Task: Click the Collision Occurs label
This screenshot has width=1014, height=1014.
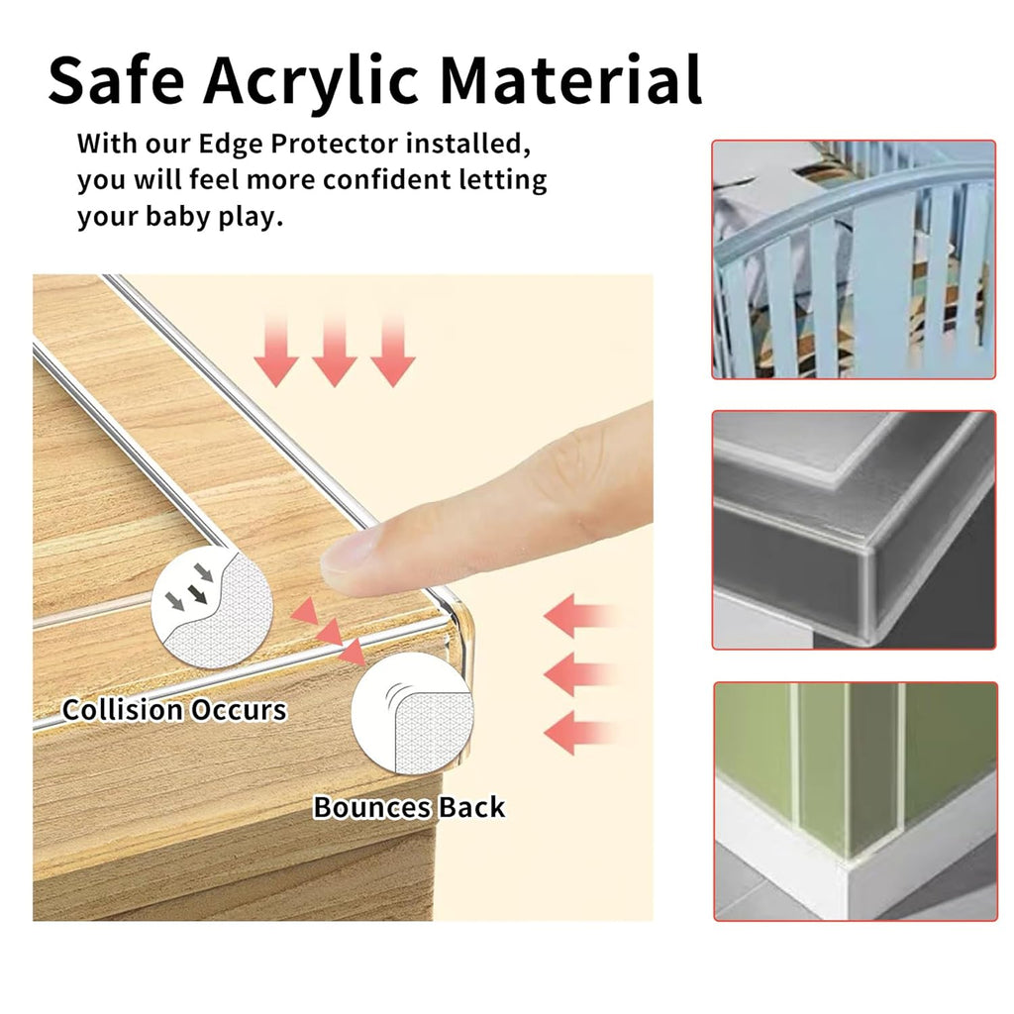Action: point(174,710)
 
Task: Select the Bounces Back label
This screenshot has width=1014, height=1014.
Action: point(409,807)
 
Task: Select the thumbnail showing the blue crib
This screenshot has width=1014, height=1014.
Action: point(854,259)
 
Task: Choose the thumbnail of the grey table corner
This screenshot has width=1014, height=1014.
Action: point(854,530)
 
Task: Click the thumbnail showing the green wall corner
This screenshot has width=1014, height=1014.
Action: point(854,801)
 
